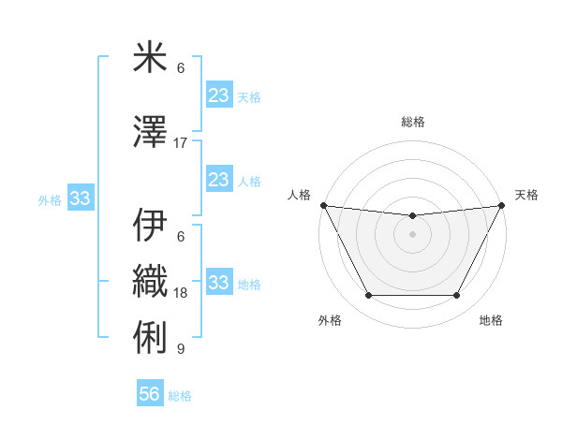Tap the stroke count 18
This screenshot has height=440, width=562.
tap(181, 293)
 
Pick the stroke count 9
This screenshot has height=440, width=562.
tap(181, 349)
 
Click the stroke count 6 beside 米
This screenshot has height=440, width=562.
tap(181, 68)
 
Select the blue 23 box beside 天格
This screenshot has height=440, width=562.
tap(218, 95)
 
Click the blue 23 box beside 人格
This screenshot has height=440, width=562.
tap(218, 180)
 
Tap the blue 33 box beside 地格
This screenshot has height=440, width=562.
tap(218, 283)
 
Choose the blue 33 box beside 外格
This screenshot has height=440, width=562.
tap(80, 198)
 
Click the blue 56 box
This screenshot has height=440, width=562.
tap(150, 395)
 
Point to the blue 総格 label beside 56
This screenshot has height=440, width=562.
tap(180, 396)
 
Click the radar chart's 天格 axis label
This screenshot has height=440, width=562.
tap(526, 195)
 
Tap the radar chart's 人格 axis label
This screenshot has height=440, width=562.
tap(300, 195)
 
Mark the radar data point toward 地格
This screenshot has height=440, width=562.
tap(457, 296)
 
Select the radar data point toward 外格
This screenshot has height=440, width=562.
tap(368, 296)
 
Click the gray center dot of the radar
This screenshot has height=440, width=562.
tap(412, 234)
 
